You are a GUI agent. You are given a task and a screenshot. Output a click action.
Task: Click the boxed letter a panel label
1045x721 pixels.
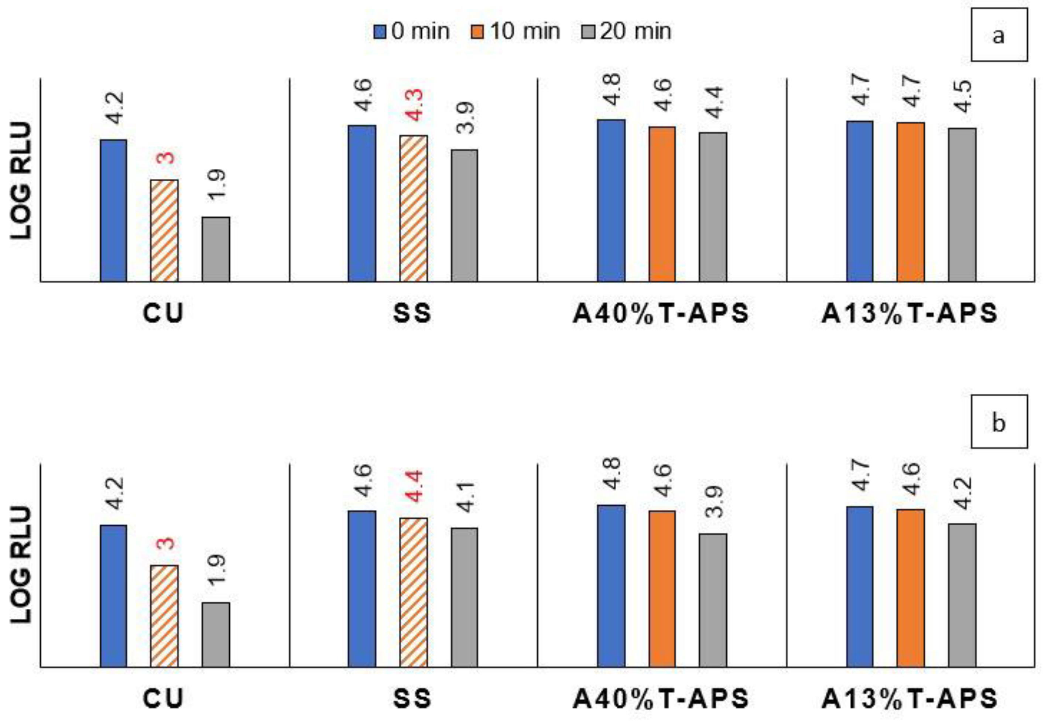[x=998, y=35]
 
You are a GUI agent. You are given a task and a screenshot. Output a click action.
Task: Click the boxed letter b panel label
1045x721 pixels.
[x=998, y=421]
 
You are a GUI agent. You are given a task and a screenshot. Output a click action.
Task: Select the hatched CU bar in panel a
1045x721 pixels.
[x=164, y=230]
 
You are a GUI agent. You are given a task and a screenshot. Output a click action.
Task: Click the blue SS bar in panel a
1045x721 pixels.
[x=362, y=203]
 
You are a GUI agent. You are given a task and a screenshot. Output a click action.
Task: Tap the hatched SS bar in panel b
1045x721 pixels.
[x=413, y=592]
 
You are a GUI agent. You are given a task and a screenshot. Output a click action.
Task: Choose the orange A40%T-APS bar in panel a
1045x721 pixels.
[x=662, y=204]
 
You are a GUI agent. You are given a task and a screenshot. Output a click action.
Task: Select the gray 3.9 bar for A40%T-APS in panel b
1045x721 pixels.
[x=713, y=600]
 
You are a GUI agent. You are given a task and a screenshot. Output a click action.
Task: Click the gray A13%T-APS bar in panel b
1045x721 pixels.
[x=962, y=595]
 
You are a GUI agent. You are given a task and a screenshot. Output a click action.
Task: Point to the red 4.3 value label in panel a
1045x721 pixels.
[x=413, y=105]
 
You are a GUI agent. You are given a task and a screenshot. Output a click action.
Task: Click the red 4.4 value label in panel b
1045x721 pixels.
[x=413, y=486]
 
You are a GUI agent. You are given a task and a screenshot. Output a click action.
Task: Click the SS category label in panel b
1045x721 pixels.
[x=412, y=698]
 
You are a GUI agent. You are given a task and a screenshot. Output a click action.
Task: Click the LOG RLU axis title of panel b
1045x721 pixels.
[x=21, y=565]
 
